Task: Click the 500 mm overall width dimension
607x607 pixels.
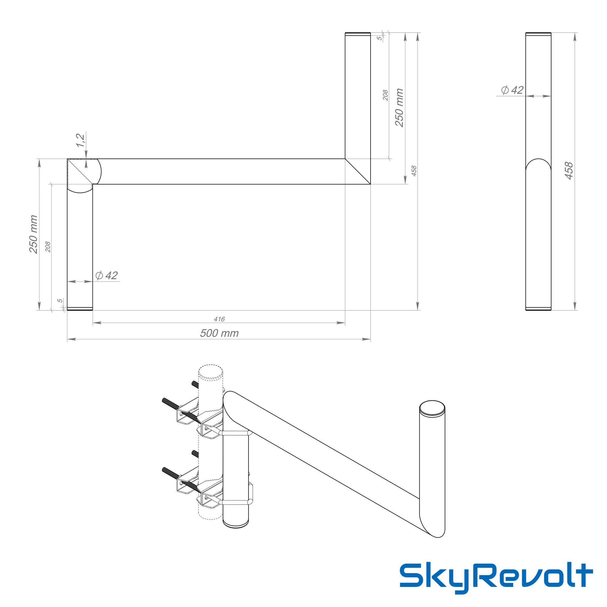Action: (219, 333)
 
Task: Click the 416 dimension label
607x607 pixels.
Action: (219, 319)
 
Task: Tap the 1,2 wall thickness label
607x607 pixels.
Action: (80, 140)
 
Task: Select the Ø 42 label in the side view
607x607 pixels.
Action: (512, 90)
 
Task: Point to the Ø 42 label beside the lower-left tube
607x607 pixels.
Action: (107, 276)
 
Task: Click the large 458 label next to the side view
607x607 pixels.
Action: (569, 171)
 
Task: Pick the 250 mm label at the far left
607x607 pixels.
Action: (33, 234)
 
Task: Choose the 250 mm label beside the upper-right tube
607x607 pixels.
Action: (399, 108)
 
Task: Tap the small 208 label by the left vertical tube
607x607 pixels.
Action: (48, 247)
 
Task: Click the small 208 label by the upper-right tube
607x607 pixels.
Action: (385, 95)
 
